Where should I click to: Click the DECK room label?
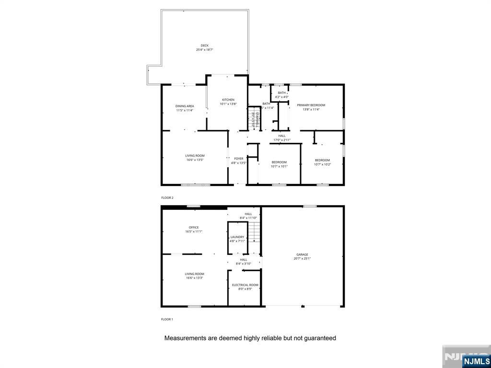205,46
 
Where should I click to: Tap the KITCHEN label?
228,100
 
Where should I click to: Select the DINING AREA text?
185,106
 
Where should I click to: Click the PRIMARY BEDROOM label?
311,105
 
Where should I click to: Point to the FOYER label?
239,159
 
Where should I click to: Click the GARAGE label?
302,254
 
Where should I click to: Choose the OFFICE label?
194,228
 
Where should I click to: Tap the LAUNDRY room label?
237,237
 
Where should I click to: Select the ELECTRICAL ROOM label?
245,285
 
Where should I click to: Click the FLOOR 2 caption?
167,197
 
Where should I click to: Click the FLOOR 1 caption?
167,319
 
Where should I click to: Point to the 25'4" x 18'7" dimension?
205,50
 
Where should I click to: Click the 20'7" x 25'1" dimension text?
302,259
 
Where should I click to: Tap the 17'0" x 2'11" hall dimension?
282,140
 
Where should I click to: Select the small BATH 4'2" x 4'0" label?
282,93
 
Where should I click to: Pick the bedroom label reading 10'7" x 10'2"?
322,164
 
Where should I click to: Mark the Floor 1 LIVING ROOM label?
195,274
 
